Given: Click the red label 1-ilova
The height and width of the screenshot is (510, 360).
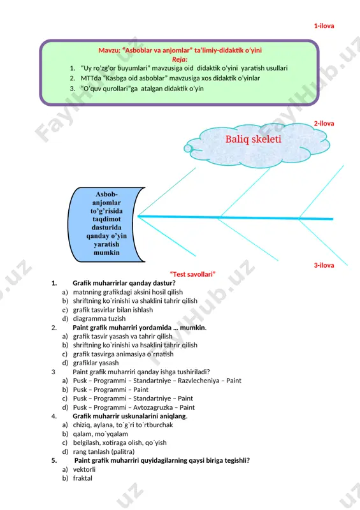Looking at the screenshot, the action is pyautogui.click(x=324, y=26).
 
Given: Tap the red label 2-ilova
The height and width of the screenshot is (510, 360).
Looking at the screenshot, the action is pyautogui.click(x=324, y=124).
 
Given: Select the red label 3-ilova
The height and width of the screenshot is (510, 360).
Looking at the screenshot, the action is pyautogui.click(x=324, y=265).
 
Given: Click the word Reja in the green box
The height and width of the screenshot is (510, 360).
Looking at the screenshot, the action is pyautogui.click(x=179, y=59).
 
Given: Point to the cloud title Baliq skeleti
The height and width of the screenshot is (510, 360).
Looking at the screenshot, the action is pyautogui.click(x=253, y=139).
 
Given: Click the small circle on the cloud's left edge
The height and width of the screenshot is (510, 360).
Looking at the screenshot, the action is pyautogui.click(x=188, y=149).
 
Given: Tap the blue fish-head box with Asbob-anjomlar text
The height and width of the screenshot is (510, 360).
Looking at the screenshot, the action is pyautogui.click(x=106, y=224).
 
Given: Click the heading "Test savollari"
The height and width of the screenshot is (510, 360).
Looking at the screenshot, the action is pyautogui.click(x=192, y=275).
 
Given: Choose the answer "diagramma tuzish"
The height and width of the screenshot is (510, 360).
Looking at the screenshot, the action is pyautogui.click(x=99, y=319).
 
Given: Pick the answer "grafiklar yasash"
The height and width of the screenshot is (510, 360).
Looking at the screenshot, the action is pyautogui.click(x=96, y=363).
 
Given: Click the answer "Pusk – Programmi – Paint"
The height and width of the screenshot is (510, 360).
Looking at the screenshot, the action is pyautogui.click(x=111, y=390).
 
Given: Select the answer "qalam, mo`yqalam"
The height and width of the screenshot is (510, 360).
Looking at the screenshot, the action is pyautogui.click(x=101, y=434).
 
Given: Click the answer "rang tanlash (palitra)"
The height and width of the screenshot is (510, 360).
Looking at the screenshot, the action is pyautogui.click(x=104, y=452).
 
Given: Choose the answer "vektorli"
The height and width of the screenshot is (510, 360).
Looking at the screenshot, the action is pyautogui.click(x=84, y=470).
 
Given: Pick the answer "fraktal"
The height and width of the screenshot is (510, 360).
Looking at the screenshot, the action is pyautogui.click(x=83, y=479).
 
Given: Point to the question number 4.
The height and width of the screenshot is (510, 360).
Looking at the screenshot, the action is pyautogui.click(x=54, y=416).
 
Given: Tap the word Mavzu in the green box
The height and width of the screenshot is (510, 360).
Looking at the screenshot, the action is pyautogui.click(x=109, y=50).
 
